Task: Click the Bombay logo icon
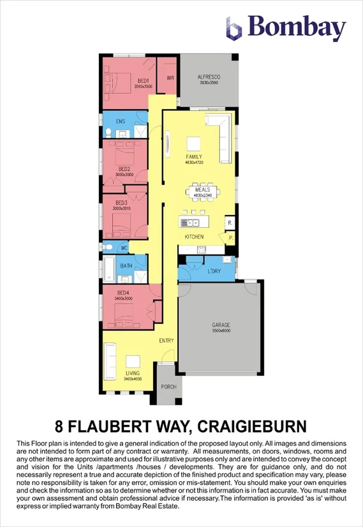[x=234, y=28]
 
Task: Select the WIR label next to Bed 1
[x=170, y=78]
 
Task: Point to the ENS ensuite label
[x=120, y=120]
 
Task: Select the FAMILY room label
[x=194, y=156]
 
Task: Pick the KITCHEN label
[x=194, y=237]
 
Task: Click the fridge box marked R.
[x=229, y=223]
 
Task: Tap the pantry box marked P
[x=230, y=237]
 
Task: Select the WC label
[x=124, y=247]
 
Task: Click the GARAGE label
[x=221, y=325]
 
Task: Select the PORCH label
[x=168, y=386]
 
